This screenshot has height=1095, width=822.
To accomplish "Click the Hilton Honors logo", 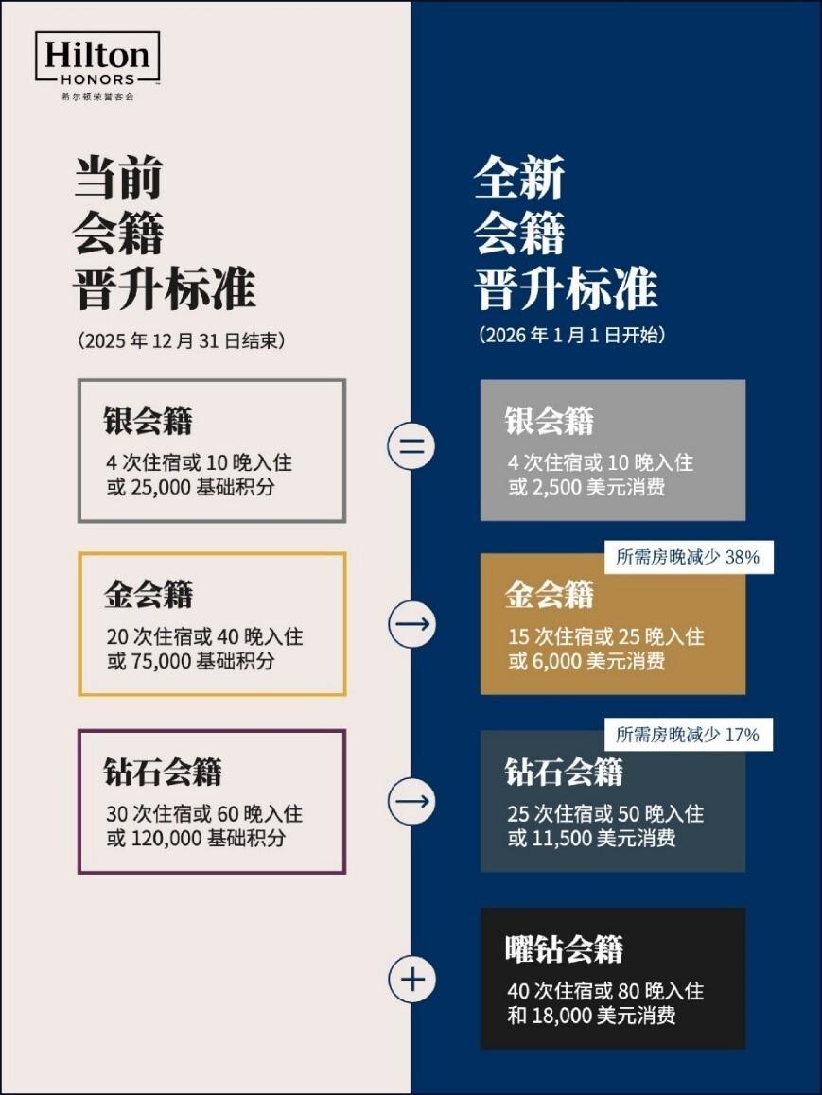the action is point(97,64).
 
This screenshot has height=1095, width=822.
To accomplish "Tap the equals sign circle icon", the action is point(411,446).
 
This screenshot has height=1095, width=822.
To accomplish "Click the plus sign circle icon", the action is point(411,979).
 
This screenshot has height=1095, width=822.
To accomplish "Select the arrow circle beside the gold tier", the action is point(411,624).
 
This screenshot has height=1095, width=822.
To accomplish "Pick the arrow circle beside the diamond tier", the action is point(411,802).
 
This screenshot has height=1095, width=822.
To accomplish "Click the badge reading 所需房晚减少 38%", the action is point(688,557).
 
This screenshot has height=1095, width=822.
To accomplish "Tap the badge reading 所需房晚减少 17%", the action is point(688,735).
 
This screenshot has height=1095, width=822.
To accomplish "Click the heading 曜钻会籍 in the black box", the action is point(565,948).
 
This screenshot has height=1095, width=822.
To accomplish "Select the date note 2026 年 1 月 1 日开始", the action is point(571,336).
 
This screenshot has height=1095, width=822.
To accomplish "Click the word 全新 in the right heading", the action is point(519,177).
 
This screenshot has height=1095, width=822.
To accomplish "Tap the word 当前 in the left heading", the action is point(119,177).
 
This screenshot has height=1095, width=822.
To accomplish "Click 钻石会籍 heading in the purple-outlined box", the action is point(163,773).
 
